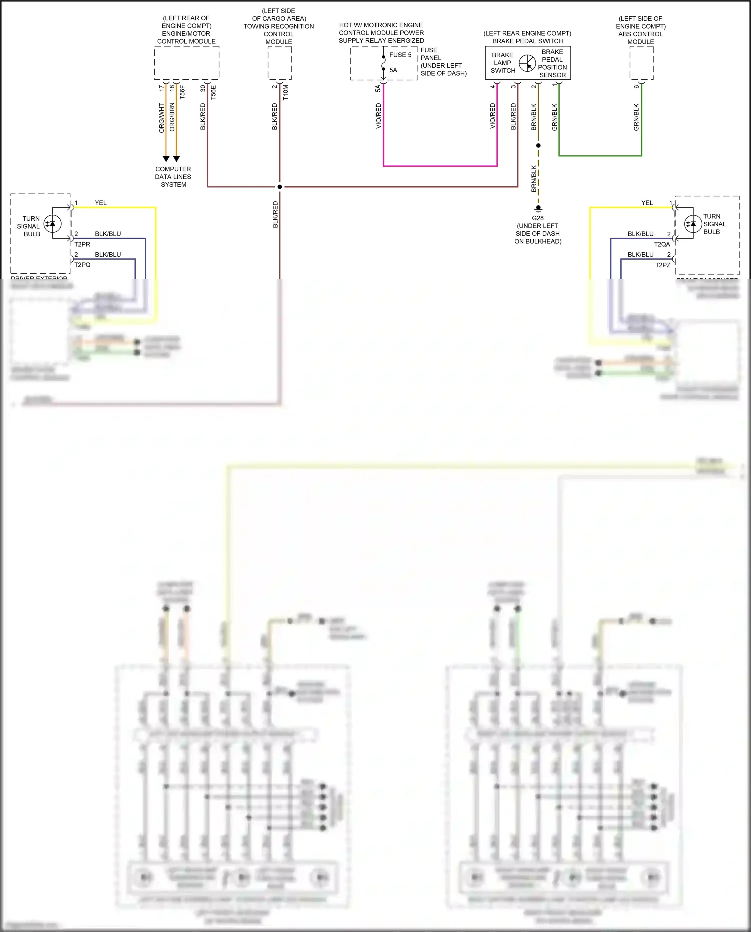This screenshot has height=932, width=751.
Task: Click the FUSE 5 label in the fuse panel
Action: pos(400,55)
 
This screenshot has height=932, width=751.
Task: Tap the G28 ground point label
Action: pos(538,218)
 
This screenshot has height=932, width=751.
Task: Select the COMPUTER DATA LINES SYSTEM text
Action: pos(173,177)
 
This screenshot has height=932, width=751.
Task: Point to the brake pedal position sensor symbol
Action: pos(527,63)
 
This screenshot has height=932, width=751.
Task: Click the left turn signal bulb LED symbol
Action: pos(53,224)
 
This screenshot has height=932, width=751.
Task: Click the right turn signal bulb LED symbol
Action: pos(693,224)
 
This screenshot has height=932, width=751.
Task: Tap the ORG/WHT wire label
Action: pos(162,118)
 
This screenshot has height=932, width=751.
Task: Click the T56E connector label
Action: pos(213,92)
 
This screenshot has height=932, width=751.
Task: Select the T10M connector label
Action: pos(286,92)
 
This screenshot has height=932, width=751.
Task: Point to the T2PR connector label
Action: pos(82,244)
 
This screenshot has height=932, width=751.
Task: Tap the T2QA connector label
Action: pos(662,244)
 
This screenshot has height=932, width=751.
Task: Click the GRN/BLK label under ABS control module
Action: pos(636,117)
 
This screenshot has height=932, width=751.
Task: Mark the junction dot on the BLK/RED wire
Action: pos(280,187)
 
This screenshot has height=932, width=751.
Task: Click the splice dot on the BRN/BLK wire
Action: pos(538,145)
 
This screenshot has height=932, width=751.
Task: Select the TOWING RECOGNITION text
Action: pos(279,26)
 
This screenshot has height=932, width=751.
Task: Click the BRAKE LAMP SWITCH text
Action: pos(503,63)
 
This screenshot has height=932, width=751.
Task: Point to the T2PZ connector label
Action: pos(663,265)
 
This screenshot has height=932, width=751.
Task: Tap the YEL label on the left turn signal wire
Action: pos(101,203)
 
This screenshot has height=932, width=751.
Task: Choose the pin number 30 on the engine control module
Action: pos(203,88)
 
